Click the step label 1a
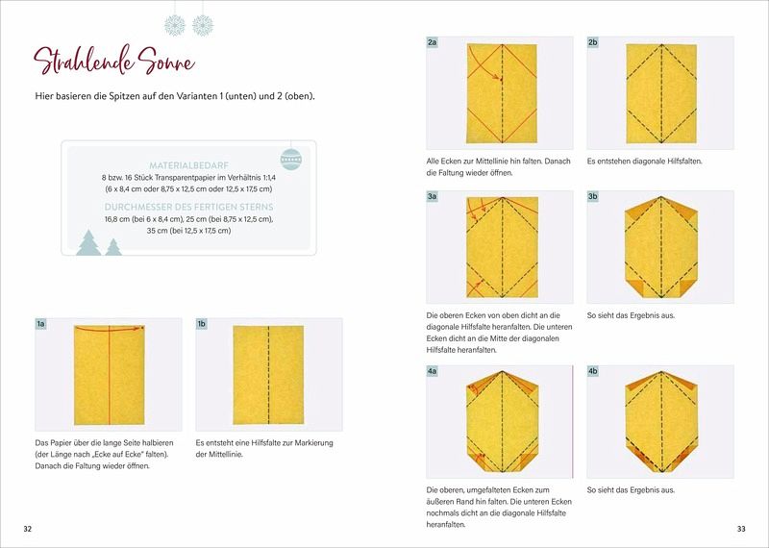40,324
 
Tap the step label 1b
202,324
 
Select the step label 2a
432,42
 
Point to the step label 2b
593,42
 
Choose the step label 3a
432,196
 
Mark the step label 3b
593,196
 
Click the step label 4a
432,371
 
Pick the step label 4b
593,371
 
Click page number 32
28,529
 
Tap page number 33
741,529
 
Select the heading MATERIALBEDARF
188,165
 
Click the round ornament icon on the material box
291,160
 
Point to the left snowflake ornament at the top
175,25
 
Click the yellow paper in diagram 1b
268,375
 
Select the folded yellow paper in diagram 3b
661,247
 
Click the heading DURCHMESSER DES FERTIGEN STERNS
188,207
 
